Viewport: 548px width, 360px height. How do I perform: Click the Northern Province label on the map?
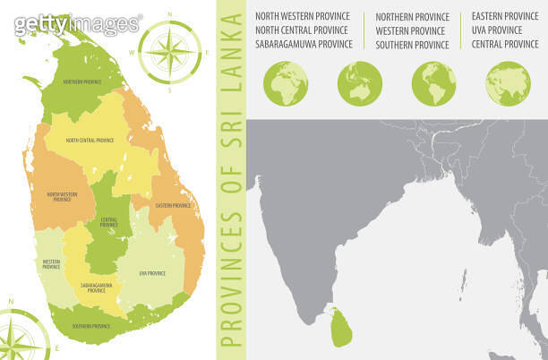pyautogui.click(x=81, y=82)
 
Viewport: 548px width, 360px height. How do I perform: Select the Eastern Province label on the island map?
pyautogui.click(x=173, y=206)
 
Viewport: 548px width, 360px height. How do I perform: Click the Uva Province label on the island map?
pyautogui.click(x=152, y=272)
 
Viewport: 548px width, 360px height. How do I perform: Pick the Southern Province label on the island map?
pyautogui.click(x=90, y=326)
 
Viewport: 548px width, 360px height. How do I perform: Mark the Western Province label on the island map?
pyautogui.click(x=51, y=264)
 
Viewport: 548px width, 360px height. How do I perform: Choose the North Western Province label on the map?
pyautogui.click(x=62, y=196)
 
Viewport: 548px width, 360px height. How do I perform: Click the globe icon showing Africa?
pyautogui.click(x=286, y=83)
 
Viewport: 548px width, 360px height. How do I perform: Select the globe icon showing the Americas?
pyautogui.click(x=434, y=83)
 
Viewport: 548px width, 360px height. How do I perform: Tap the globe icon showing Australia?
pyautogui.click(x=360, y=83)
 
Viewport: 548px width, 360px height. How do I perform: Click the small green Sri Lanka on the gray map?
pyautogui.click(x=340, y=328)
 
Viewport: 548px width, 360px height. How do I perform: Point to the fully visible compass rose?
pyautogui.click(x=168, y=50)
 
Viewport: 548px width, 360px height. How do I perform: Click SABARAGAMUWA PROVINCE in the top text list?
pyautogui.click(x=304, y=44)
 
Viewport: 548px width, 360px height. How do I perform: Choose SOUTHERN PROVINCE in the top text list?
pyautogui.click(x=412, y=44)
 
